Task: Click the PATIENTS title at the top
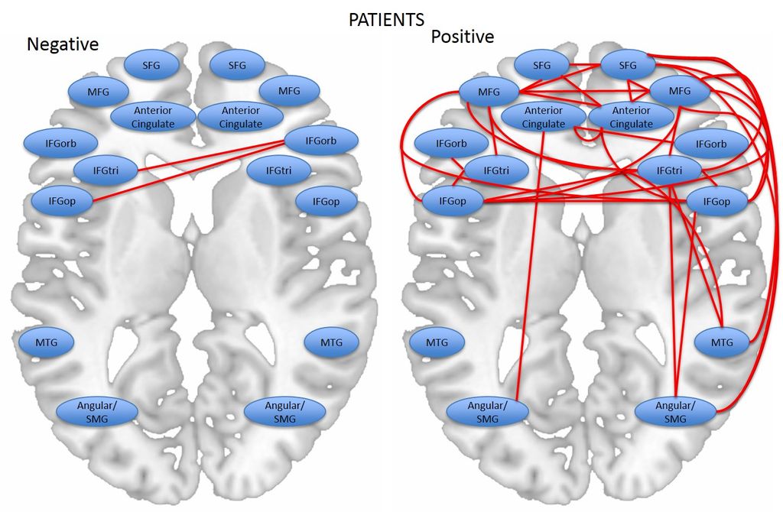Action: (386, 19)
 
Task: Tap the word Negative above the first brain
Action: (63, 44)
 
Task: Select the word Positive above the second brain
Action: (463, 37)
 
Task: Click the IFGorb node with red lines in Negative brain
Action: (320, 139)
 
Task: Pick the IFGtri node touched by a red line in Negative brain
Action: (106, 169)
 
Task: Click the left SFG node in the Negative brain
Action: (151, 66)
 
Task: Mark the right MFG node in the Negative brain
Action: (289, 91)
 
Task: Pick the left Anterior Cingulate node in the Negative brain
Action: (154, 117)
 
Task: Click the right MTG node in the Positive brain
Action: (722, 342)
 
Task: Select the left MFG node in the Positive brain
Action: (489, 92)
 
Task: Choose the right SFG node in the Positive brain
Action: (628, 66)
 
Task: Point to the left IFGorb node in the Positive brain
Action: (450, 143)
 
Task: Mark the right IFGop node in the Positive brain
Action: (716, 202)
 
